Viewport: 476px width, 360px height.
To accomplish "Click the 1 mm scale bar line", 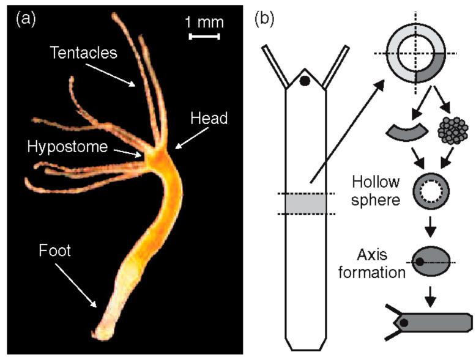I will point(204,37).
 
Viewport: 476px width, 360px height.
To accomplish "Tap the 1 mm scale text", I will point(204,23).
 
